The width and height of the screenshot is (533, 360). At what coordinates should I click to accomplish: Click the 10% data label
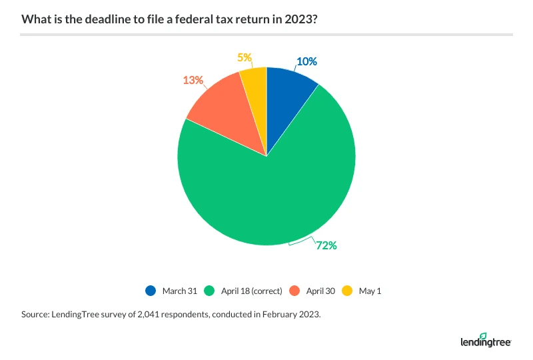tap(306, 61)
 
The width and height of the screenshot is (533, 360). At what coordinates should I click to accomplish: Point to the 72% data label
tap(326, 246)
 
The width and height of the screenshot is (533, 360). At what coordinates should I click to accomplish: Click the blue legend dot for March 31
tap(150, 291)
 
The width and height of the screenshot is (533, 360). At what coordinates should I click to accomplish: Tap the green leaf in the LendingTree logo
tap(483, 336)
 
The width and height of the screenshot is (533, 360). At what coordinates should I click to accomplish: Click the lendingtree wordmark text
tap(484, 343)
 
